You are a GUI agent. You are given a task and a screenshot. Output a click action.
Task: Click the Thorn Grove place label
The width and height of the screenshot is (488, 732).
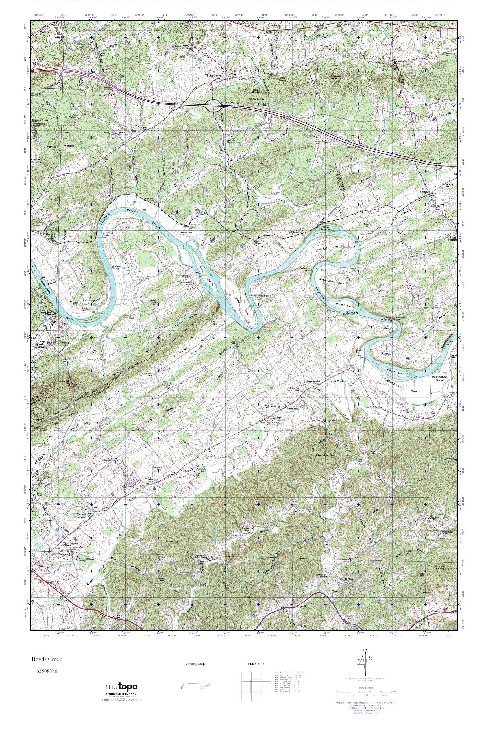[x=213, y=75]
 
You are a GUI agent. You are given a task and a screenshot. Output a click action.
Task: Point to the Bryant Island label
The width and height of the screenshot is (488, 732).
[x=345, y=306]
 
